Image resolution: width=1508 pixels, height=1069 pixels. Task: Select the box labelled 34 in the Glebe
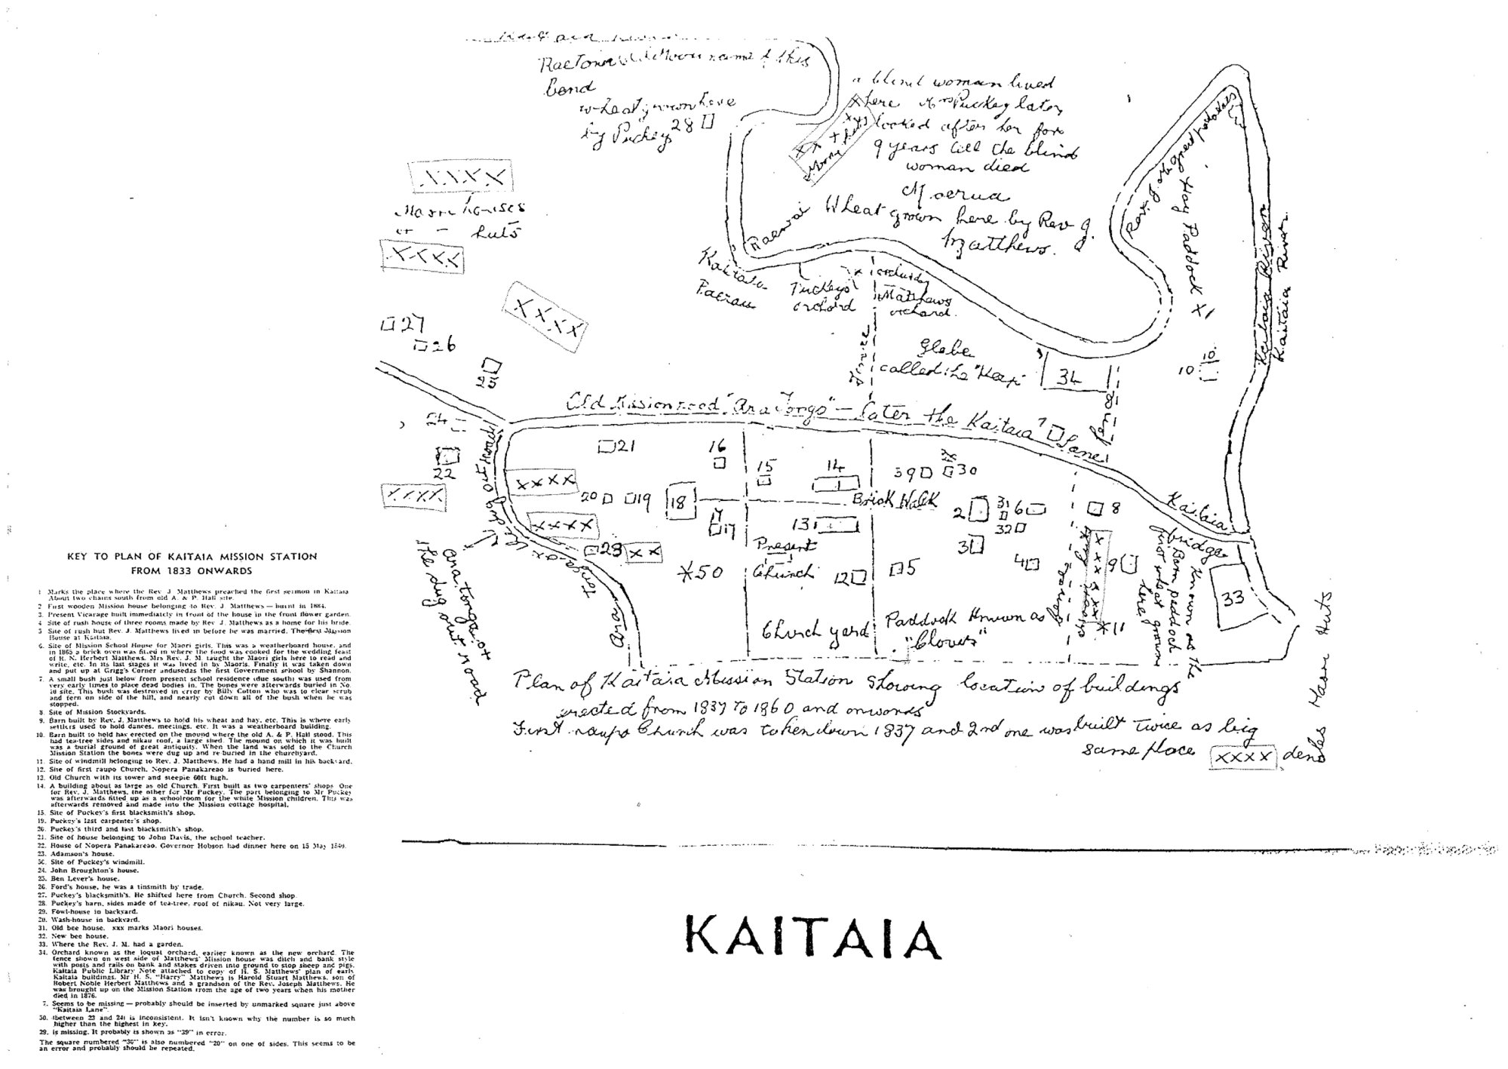tap(1067, 377)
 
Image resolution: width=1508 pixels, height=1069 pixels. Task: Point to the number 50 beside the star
tap(711, 572)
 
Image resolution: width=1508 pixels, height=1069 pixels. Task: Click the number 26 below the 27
tap(444, 346)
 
